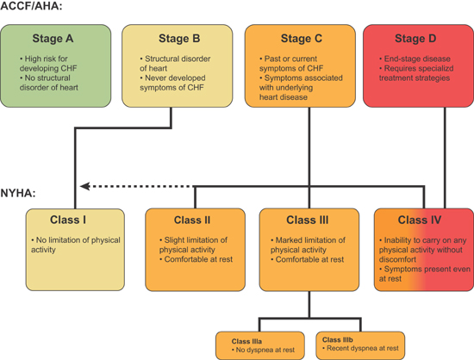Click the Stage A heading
pyautogui.click(x=53, y=39)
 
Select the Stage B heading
pyautogui.click(x=179, y=39)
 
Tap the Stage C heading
pyautogui.click(x=302, y=39)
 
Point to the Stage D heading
pyautogui.click(x=415, y=39)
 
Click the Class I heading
pyautogui.click(x=68, y=220)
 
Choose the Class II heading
pyautogui.click(x=192, y=220)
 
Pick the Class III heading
pyautogui.click(x=308, y=220)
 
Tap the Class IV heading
pyautogui.click(x=420, y=220)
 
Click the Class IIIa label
pyautogui.click(x=246, y=341)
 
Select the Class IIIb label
pyautogui.click(x=337, y=340)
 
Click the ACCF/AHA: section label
pyautogui.click(x=31, y=6)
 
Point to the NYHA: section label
pyautogui.click(x=18, y=193)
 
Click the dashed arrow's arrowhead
pyautogui.click(x=84, y=186)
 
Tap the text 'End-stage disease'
pyautogui.click(x=417, y=59)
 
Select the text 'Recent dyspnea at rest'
pyautogui.click(x=363, y=348)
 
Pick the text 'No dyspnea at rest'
pyautogui.click(x=265, y=350)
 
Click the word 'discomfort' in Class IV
pyautogui.click(x=397, y=259)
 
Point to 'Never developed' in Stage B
pyautogui.click(x=175, y=78)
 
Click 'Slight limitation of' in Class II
pyautogui.click(x=196, y=240)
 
